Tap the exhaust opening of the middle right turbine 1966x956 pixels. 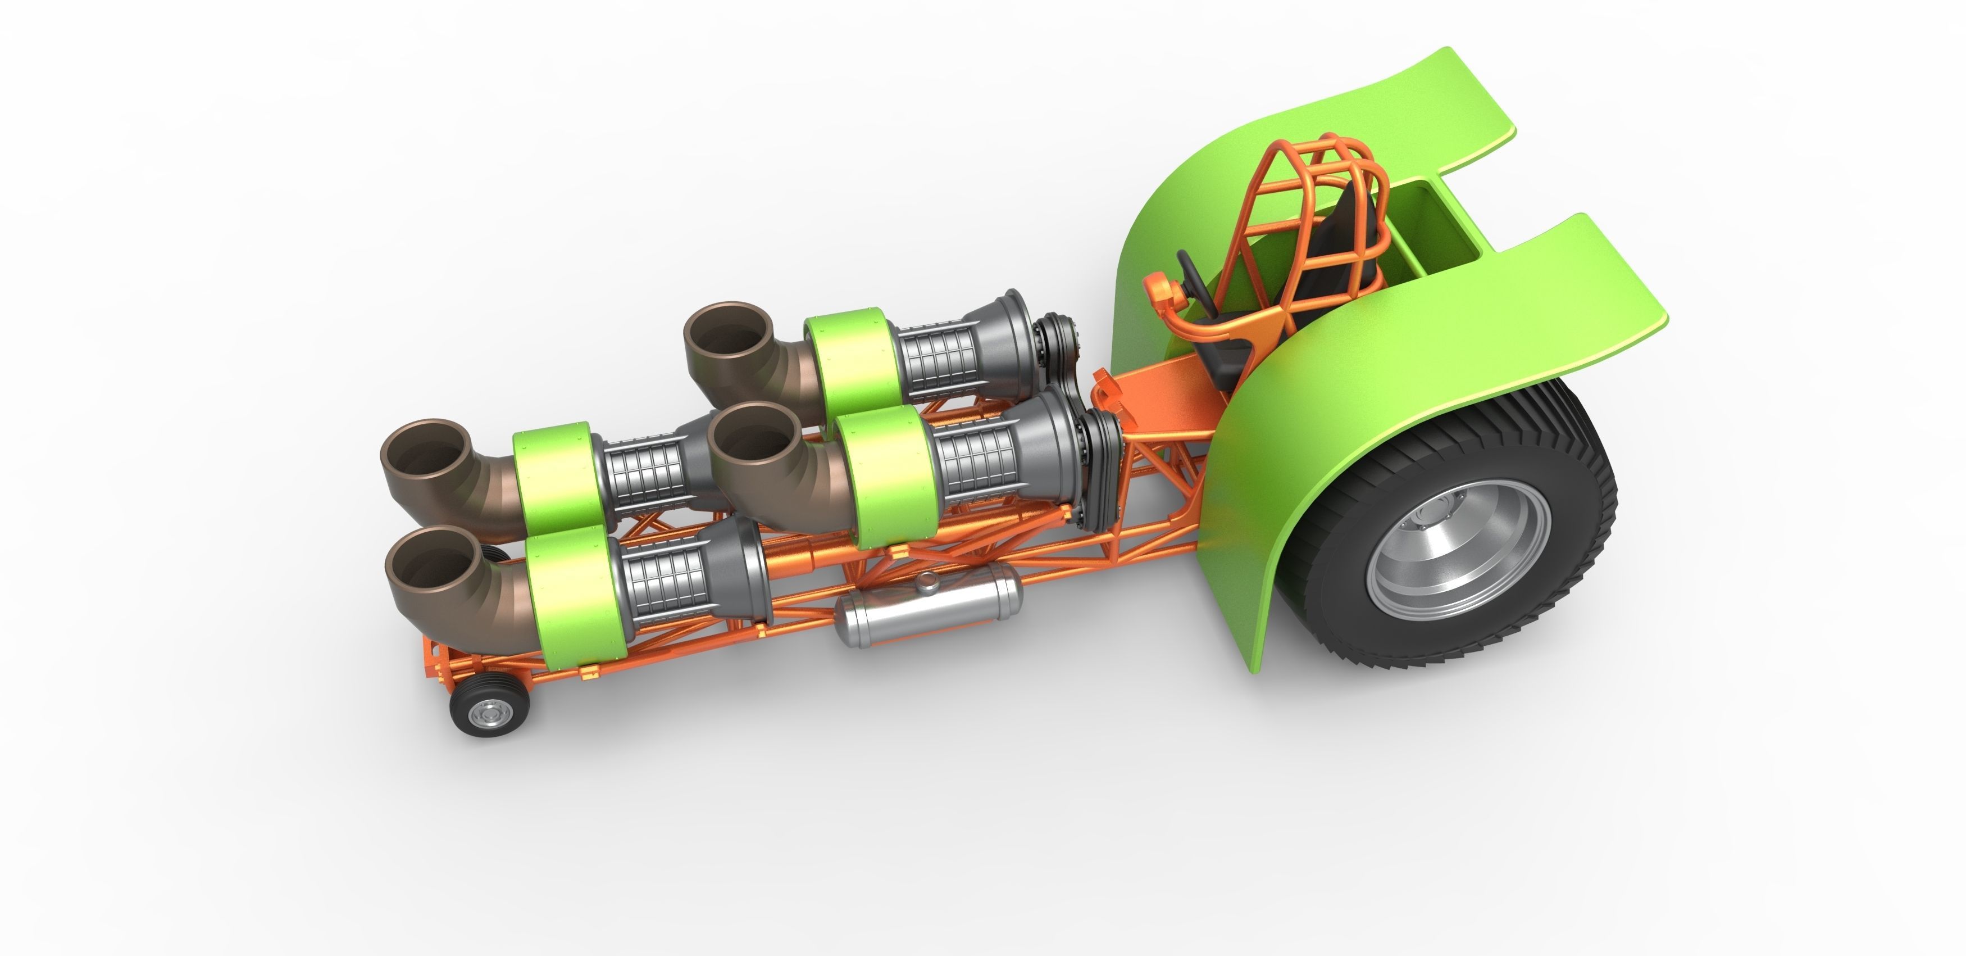point(750,438)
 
